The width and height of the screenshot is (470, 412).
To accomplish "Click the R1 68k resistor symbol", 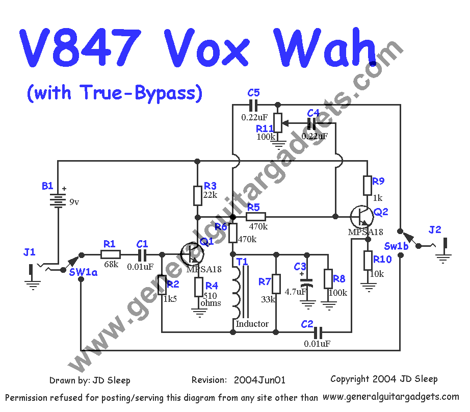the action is click(x=110, y=254).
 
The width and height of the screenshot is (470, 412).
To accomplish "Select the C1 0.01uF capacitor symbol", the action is click(x=143, y=254).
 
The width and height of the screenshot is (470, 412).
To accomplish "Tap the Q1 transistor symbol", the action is click(x=191, y=253).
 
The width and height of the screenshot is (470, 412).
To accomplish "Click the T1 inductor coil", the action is click(x=237, y=293).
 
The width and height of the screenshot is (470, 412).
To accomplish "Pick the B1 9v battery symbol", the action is click(x=58, y=200).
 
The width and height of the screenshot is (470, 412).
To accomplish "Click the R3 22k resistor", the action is click(x=198, y=195).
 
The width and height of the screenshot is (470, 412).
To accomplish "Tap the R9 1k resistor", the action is click(x=367, y=186).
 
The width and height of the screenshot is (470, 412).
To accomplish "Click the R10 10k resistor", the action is click(x=367, y=261).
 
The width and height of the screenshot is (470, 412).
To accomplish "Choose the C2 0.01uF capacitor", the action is click(x=318, y=332).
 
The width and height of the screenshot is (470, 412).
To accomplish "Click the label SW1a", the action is click(x=83, y=272).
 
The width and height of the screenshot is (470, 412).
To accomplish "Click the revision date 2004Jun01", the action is click(x=259, y=380).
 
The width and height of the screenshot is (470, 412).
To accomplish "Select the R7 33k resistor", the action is click(x=276, y=284).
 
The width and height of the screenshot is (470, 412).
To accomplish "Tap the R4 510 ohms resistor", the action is click(x=198, y=287).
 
